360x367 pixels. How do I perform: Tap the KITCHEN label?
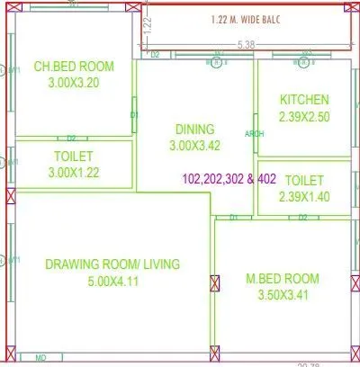pyautogui.click(x=304, y=100)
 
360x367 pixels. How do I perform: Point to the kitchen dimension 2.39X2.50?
pyautogui.click(x=304, y=116)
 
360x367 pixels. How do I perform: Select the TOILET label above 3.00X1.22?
pyautogui.click(x=70, y=157)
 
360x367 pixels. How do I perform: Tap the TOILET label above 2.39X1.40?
pyautogui.click(x=304, y=181)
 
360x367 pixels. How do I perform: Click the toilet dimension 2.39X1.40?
pyautogui.click(x=304, y=197)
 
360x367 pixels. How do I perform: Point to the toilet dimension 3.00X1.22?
pyautogui.click(x=70, y=173)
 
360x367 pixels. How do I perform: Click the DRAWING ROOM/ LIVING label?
pyautogui.click(x=112, y=264)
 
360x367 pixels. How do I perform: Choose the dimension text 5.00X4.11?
pyautogui.click(x=112, y=281)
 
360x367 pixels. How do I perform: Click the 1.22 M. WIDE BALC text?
pyautogui.click(x=247, y=20)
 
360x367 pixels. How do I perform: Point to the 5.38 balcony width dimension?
pyautogui.click(x=244, y=43)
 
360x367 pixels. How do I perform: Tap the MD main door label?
pyautogui.click(x=40, y=358)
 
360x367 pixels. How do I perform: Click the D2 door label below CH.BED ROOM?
pyautogui.click(x=71, y=138)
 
